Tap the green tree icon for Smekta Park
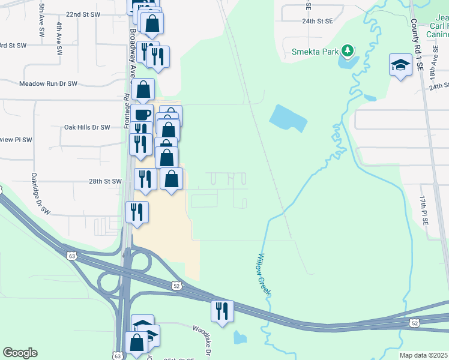(346, 50)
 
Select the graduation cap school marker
(400, 65)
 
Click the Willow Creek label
(264, 274)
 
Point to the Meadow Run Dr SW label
(49, 84)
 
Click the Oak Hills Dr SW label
(87, 127)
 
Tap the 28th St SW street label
(105, 181)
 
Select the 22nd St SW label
(83, 14)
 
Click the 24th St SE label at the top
(317, 21)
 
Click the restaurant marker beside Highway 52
(221, 311)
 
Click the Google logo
(20, 353)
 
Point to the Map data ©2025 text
(423, 355)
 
